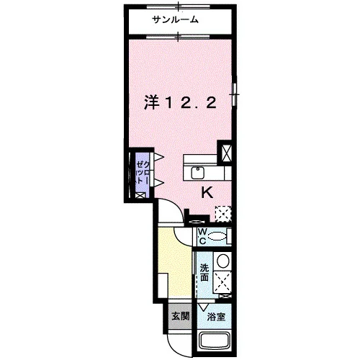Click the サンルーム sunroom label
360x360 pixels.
(176, 19)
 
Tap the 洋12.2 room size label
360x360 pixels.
(180, 103)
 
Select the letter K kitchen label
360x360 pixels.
(207, 192)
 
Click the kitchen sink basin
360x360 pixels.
(197, 173)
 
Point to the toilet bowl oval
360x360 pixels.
(217, 237)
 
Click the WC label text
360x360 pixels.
(202, 236)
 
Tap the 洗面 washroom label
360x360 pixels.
(204, 272)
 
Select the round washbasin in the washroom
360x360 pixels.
(223, 261)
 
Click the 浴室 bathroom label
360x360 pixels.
(216, 317)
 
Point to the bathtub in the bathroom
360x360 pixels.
(216, 341)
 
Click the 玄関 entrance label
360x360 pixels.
(181, 316)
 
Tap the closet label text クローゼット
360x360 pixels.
(143, 173)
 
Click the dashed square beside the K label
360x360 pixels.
(223, 214)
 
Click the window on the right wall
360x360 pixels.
(235, 91)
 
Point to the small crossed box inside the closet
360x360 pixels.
(140, 195)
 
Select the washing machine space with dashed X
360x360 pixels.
(222, 282)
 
